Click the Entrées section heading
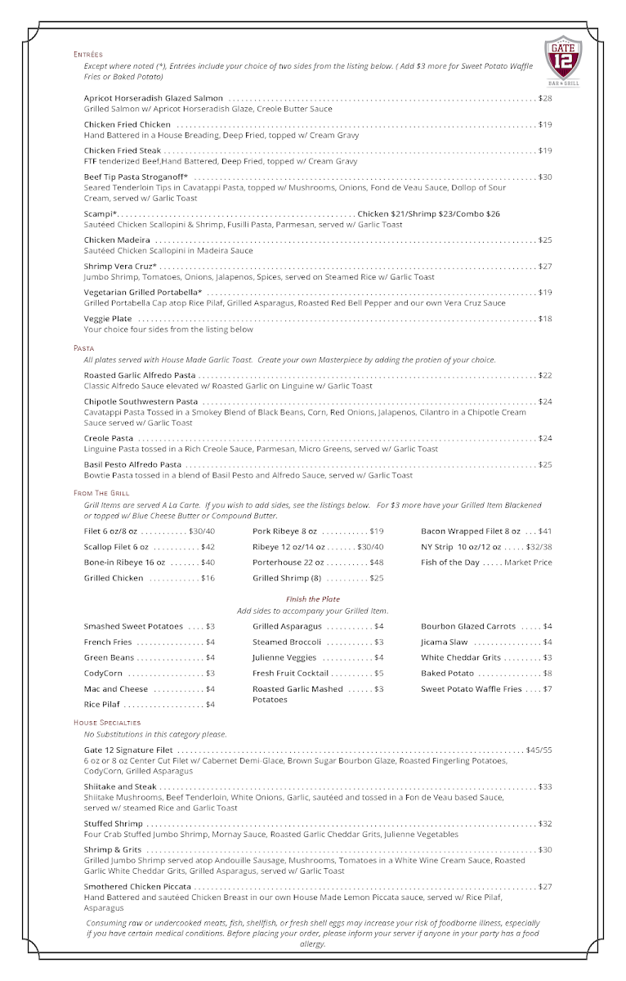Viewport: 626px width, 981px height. (x=88, y=55)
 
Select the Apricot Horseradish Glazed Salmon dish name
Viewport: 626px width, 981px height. (x=153, y=98)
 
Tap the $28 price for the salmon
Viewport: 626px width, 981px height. (x=545, y=98)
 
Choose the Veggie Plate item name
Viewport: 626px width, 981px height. (x=108, y=319)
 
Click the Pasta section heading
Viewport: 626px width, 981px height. (x=83, y=348)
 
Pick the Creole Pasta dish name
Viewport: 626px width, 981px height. (x=109, y=438)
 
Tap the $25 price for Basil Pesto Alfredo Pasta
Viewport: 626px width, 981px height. (x=545, y=464)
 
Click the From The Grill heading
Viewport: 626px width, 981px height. (x=101, y=493)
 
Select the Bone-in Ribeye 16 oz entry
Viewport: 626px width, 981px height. (x=124, y=562)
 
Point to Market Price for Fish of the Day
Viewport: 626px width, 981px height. (x=529, y=562)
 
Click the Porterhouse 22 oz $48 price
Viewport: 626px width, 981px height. (x=376, y=562)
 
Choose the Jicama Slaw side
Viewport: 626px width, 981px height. (x=445, y=642)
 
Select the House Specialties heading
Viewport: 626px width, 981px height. (x=107, y=723)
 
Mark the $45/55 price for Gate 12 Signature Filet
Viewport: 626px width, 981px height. (x=539, y=750)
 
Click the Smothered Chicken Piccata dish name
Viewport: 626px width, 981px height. (x=137, y=886)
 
